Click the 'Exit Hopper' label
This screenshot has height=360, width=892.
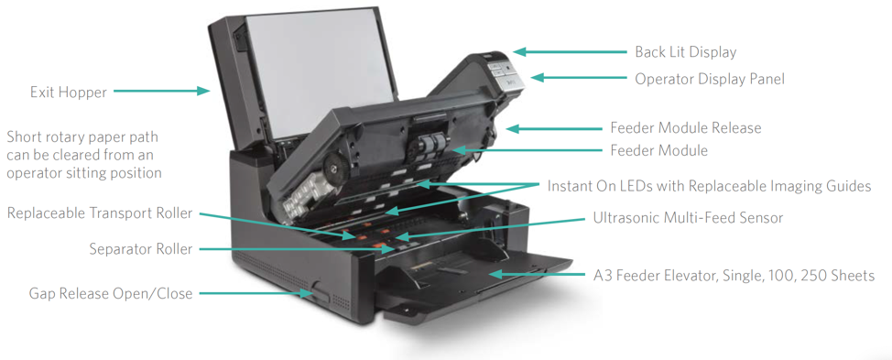68,93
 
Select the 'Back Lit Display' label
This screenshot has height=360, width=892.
685,52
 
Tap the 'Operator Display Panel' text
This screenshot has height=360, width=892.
710,80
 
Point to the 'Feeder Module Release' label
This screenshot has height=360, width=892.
685,128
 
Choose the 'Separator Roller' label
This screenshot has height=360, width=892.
141,249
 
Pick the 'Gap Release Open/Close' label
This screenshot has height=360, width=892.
111,294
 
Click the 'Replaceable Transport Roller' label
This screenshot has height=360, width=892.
100,213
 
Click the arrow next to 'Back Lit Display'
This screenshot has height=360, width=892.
568,52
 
